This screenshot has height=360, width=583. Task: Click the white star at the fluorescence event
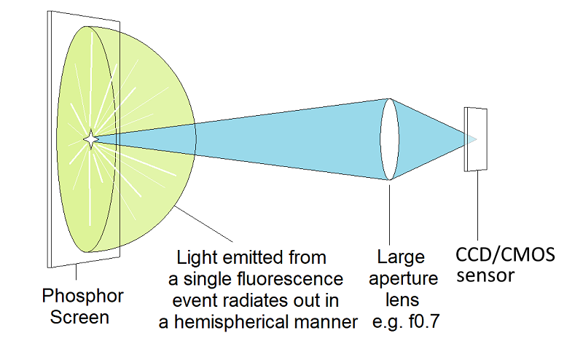90,138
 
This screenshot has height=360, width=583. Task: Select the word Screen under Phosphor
79,318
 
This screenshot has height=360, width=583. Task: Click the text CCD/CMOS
505,256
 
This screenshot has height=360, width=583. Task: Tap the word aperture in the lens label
407,279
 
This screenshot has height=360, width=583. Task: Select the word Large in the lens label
400,257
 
